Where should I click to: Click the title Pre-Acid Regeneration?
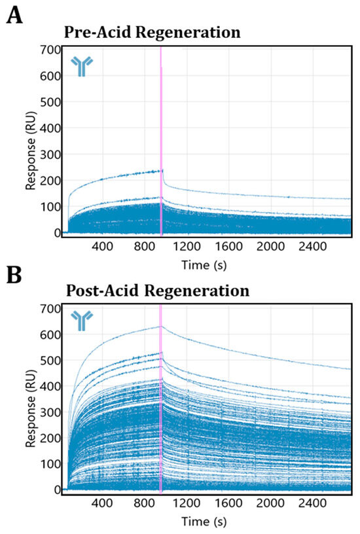pyautogui.click(x=152, y=32)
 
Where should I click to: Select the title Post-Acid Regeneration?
pyautogui.click(x=156, y=289)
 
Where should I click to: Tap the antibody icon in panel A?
pyautogui.click(x=82, y=66)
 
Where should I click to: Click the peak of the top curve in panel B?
pyautogui.click(x=160, y=326)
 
